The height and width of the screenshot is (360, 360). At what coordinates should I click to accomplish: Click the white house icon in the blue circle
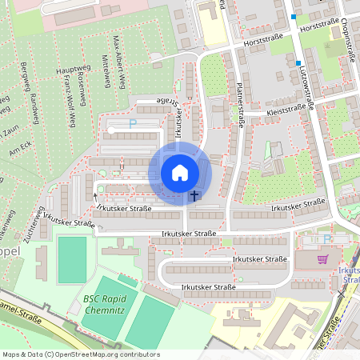pyautogui.click(x=180, y=172)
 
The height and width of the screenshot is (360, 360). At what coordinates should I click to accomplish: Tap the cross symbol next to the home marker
pyautogui.click(x=194, y=195)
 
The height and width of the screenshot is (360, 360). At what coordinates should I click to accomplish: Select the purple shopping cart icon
pyautogui.click(x=323, y=259)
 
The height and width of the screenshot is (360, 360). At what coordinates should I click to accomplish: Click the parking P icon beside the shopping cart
pyautogui.click(x=326, y=238)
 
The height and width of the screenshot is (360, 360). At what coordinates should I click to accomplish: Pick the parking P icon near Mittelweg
pyautogui.click(x=134, y=124)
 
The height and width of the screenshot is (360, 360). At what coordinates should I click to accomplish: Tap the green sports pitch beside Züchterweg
pyautogui.click(x=71, y=259)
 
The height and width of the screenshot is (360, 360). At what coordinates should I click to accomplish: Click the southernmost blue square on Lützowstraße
pyautogui.click(x=298, y=62)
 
